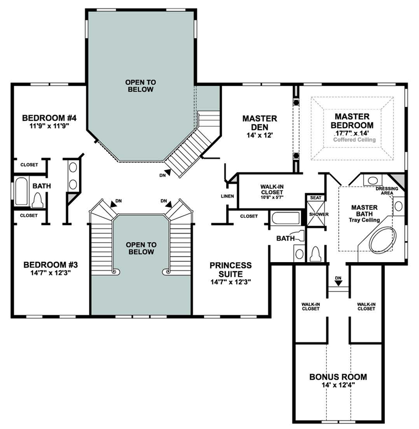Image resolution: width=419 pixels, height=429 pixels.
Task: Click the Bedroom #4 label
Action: point(43,117)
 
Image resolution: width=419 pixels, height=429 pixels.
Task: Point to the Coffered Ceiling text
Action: point(354,139)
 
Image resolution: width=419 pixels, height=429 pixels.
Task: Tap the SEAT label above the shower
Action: point(316,198)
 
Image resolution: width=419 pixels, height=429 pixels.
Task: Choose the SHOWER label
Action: point(318,214)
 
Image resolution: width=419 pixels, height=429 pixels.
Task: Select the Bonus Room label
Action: point(338,377)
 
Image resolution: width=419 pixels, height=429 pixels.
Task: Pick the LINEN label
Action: point(227,196)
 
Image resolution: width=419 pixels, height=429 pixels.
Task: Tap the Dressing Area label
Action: point(386,191)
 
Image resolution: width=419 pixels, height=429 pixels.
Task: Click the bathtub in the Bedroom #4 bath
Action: point(21,192)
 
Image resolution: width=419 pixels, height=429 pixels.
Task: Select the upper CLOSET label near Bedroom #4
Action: point(29,165)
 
